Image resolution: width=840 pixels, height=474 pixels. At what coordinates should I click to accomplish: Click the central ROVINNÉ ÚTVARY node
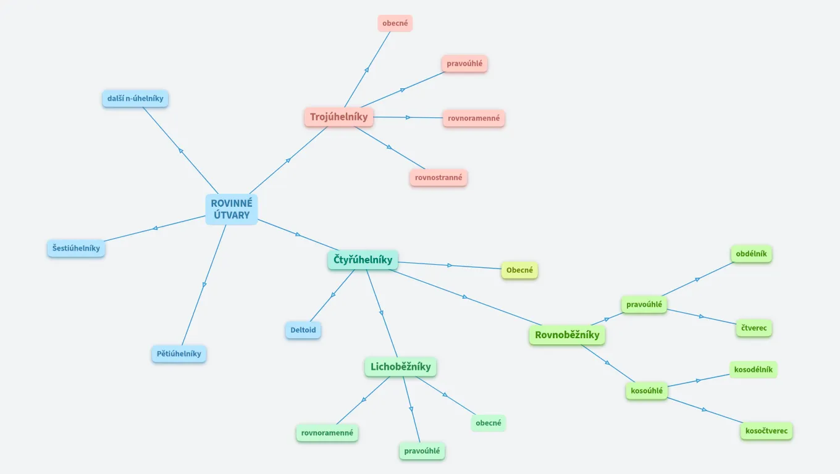232,209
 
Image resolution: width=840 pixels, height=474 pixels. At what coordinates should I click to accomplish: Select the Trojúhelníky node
338,117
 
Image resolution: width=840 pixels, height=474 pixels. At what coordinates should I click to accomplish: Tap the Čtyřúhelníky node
363,260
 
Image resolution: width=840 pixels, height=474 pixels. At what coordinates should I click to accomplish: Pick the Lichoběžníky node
400,367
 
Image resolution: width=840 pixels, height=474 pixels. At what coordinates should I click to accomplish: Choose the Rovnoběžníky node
567,335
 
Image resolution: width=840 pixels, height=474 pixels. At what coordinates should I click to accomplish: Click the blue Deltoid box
303,330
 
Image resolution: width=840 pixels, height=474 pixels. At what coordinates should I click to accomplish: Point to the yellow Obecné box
519,270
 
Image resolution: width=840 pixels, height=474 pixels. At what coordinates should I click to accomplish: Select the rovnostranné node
439,178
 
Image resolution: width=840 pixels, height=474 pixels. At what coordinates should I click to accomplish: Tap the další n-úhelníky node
135,99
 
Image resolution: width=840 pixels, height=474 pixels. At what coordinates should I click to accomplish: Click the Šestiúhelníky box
76,248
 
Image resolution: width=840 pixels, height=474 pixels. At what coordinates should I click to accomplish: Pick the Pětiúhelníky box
179,354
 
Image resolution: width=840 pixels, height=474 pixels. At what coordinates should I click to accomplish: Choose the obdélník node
751,254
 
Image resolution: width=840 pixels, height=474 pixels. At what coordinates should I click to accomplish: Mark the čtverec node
754,328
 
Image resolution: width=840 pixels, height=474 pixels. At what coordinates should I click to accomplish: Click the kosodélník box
753,370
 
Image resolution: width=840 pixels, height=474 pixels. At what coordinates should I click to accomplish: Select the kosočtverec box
766,430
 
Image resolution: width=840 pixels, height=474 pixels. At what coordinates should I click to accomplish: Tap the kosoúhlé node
647,391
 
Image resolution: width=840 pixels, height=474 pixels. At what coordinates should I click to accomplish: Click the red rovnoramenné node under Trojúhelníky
474,118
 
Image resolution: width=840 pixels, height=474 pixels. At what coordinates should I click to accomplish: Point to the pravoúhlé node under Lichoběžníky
422,451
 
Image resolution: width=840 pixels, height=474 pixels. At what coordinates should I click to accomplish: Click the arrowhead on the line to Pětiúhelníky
204,285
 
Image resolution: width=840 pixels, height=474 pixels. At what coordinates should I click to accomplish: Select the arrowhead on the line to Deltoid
333,294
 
